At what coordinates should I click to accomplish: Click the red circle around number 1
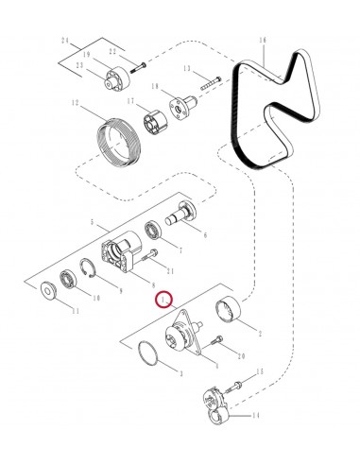(164, 299)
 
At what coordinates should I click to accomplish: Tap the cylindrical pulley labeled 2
(228, 311)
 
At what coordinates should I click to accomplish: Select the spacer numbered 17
(155, 122)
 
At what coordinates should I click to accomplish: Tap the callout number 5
(92, 222)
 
